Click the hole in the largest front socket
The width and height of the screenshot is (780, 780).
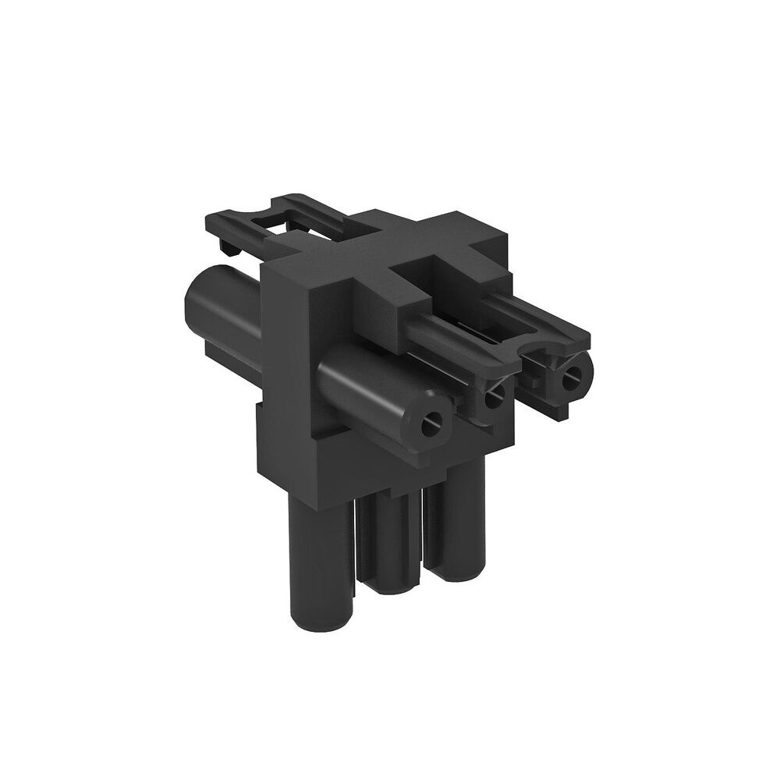coord(428,427)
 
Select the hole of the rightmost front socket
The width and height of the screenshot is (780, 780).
coord(573,372)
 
